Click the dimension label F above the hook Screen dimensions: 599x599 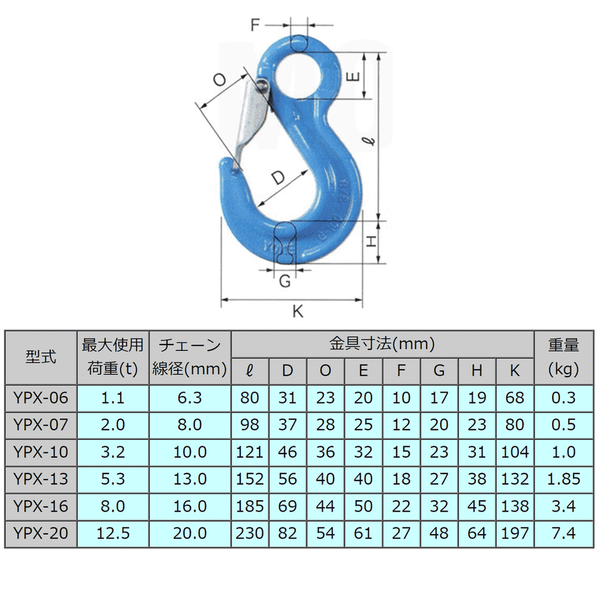pyautogui.click(x=256, y=25)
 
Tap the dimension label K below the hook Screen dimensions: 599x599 pyautogui.click(x=298, y=312)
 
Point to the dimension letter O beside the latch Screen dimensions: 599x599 pyautogui.click(x=220, y=80)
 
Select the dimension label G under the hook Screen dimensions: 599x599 pyautogui.click(x=285, y=281)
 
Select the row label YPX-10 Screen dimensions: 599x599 pyautogui.click(x=40, y=452)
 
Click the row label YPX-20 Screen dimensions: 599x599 pyautogui.click(x=40, y=534)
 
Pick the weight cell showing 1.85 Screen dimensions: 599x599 pyautogui.click(x=564, y=479)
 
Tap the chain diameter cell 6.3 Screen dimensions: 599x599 pyautogui.click(x=190, y=398)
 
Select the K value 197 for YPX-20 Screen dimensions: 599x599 pyautogui.click(x=515, y=534)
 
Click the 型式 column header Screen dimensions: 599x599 pyautogui.click(x=40, y=357)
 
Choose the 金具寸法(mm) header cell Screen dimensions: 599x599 pyautogui.click(x=382, y=344)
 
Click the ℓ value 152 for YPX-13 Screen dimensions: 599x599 pyautogui.click(x=250, y=479)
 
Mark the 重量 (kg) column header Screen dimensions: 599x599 pyautogui.click(x=564, y=357)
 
